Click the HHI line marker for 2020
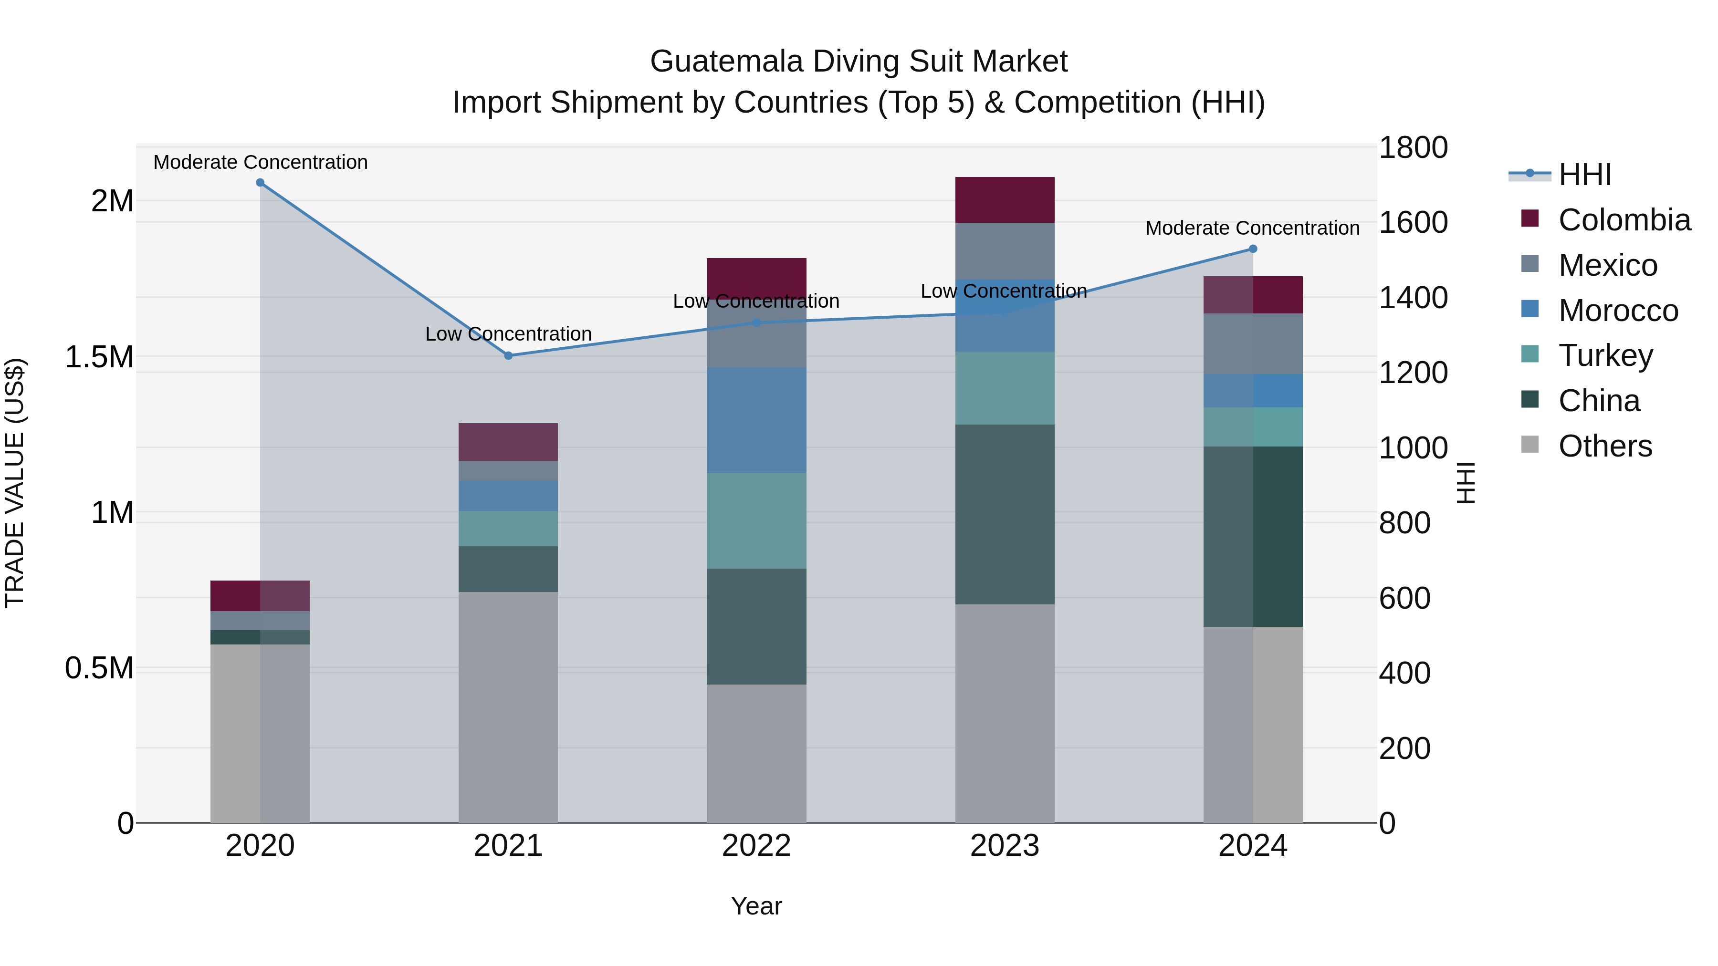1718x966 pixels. pos(260,183)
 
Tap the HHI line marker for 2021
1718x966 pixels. pos(508,355)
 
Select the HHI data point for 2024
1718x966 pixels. pos(1253,249)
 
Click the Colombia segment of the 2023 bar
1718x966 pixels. pos(1005,199)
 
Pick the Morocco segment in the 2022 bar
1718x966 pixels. pos(756,420)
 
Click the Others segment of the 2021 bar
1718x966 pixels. pos(508,706)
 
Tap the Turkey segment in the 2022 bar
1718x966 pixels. pos(756,520)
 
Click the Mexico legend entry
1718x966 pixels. pos(1607,265)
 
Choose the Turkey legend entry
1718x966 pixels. pos(1605,355)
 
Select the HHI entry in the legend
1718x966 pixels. pos(1584,175)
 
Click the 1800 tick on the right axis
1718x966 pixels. pos(1413,148)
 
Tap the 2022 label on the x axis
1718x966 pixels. pos(756,846)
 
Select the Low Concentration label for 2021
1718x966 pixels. pos(508,333)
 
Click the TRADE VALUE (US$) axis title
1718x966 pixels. pos(15,483)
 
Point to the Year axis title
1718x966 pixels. pos(756,906)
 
